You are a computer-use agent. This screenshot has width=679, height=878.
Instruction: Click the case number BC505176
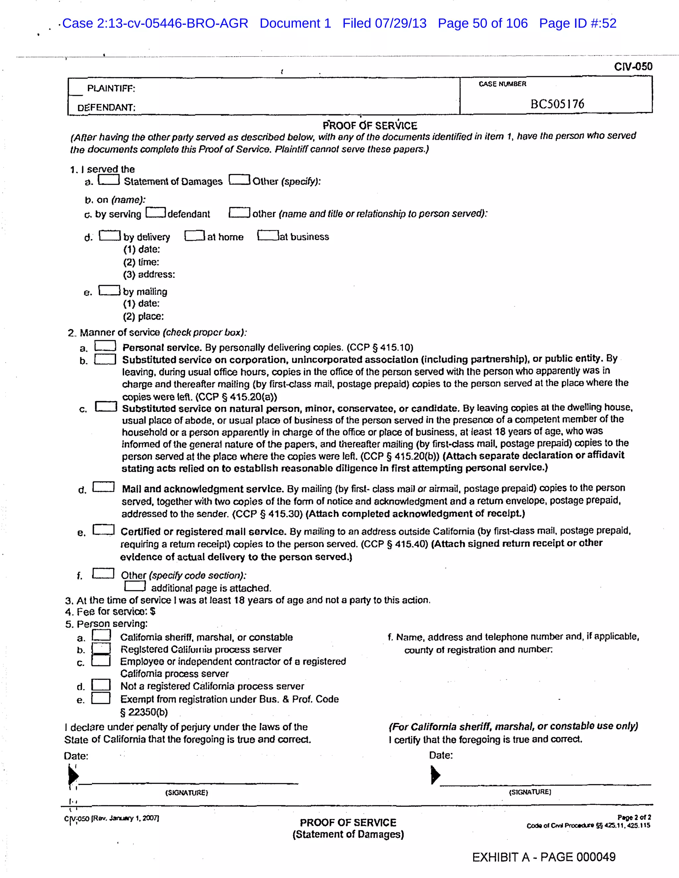point(557,104)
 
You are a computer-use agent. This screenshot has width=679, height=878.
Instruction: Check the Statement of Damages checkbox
point(109,180)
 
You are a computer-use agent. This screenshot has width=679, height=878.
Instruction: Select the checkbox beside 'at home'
point(195,236)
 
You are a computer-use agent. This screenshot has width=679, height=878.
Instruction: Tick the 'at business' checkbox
point(268,235)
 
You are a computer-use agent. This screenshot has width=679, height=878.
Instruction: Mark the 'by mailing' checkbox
point(109,290)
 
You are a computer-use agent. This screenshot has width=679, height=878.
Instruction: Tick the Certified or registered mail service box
point(103,530)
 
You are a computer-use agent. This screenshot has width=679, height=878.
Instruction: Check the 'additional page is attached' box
point(135,586)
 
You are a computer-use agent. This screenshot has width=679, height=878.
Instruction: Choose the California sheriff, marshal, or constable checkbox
point(101,635)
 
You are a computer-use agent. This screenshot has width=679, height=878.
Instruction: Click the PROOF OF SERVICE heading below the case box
point(370,126)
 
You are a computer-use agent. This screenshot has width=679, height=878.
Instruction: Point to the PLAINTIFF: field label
point(111,88)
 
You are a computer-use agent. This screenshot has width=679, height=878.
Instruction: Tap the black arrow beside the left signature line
point(73,775)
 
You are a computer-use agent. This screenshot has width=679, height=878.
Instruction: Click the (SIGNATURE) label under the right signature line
point(530,792)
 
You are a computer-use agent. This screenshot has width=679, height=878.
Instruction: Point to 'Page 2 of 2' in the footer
point(634,817)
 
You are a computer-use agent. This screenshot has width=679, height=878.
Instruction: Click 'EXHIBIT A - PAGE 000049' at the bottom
point(543,857)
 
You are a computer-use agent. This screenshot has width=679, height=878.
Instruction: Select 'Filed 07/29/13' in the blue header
point(384,23)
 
